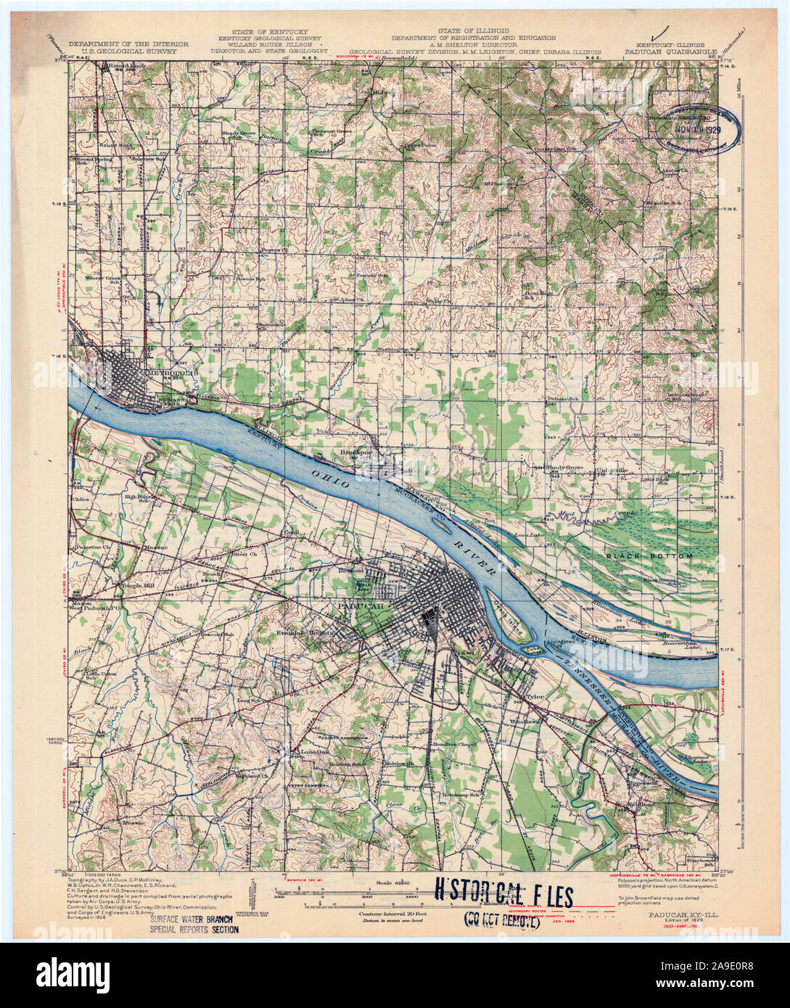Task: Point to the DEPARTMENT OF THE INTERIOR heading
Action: click(126, 44)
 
